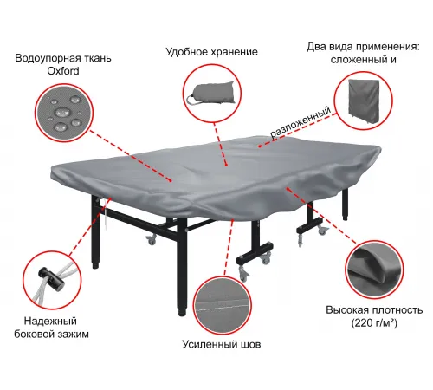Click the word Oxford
(63, 71)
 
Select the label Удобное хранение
(211, 52)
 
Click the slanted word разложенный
(301, 122)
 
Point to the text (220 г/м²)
(374, 323)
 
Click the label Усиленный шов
(222, 344)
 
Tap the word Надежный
(50, 321)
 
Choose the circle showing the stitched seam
(223, 306)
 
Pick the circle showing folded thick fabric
(374, 270)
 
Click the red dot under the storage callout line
(227, 166)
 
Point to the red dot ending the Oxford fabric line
(171, 180)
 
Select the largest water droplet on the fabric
(62, 112)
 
